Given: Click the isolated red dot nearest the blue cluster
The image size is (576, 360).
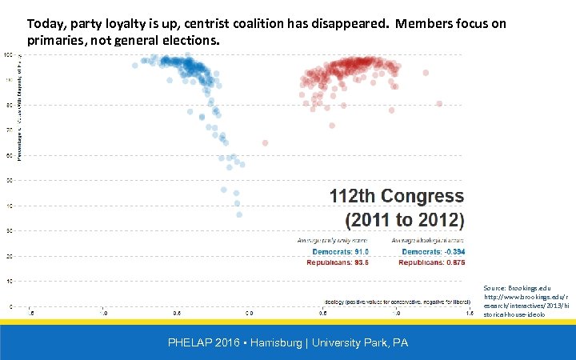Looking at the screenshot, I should (x=265, y=143).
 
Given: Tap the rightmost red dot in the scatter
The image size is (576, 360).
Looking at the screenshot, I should (x=439, y=103).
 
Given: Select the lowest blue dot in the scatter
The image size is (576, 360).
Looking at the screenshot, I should (x=238, y=214).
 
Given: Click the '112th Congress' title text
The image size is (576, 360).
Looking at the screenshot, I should (x=396, y=196).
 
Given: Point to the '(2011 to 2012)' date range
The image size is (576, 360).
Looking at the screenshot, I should (x=404, y=218).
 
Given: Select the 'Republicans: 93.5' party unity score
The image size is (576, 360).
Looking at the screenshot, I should (x=334, y=262).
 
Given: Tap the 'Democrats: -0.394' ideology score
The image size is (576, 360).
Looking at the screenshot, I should (x=433, y=251).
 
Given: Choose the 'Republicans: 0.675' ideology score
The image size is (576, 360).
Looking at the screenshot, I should (x=433, y=262).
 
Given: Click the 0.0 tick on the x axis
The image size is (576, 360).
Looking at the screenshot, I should (x=250, y=314).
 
